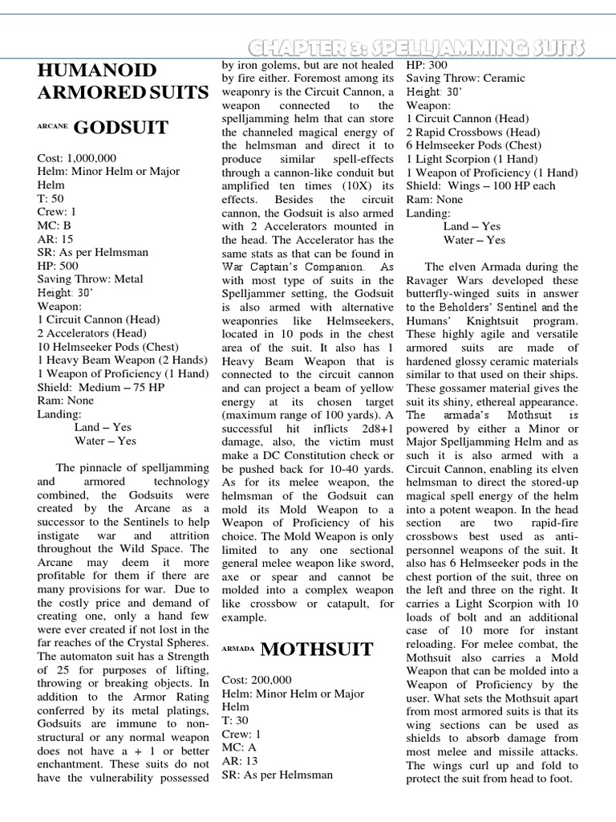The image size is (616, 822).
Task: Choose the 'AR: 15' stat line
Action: click(56, 238)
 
